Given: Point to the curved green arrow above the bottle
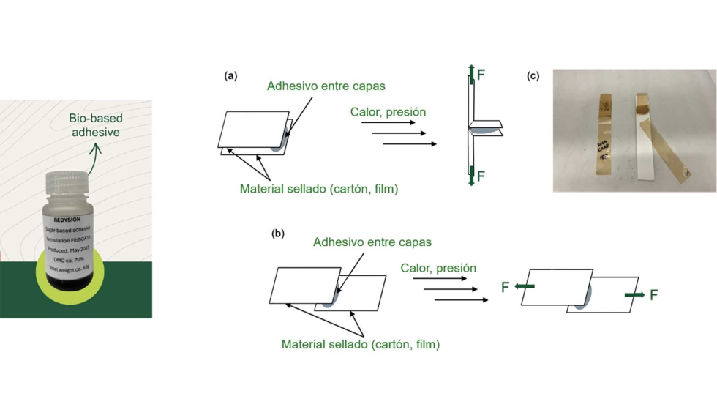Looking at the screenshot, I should tap(94, 158).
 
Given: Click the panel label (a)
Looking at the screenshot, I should tap(230, 75).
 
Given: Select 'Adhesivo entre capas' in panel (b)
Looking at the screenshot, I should tap(372, 242).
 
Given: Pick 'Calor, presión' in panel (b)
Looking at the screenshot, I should tap(438, 268).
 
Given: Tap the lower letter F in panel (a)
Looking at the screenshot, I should tap(481, 176).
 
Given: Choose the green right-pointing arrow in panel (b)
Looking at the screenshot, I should tap(634, 294).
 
